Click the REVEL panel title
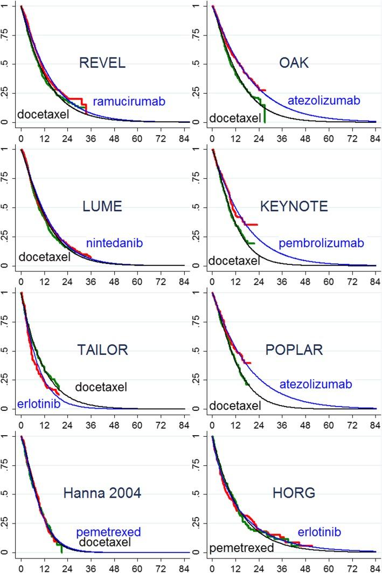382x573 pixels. pyautogui.click(x=102, y=63)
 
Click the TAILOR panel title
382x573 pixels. pyautogui.click(x=102, y=350)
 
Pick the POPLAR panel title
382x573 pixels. pyautogui.click(x=294, y=350)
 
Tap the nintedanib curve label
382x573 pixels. pyautogui.click(x=114, y=243)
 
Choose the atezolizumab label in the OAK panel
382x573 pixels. pyautogui.click(x=323, y=100)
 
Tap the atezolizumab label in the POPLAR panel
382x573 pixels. pyautogui.click(x=315, y=385)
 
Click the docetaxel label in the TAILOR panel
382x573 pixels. pyautogui.click(x=101, y=387)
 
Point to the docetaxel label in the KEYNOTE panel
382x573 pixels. pyautogui.click(x=234, y=261)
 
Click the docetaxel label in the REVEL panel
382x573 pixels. pyautogui.click(x=44, y=114)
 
